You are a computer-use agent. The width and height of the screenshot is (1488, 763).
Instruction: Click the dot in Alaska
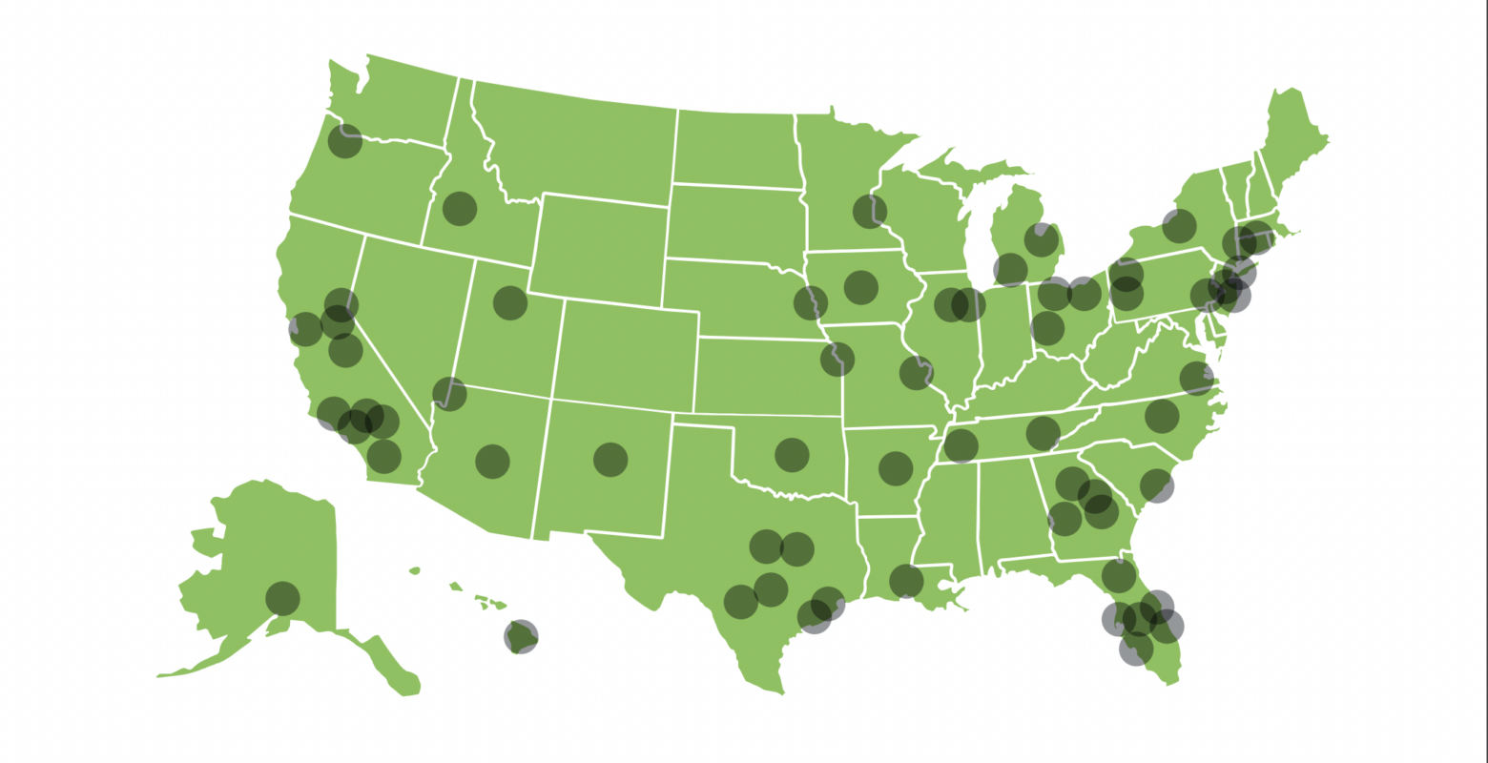pyautogui.click(x=282, y=598)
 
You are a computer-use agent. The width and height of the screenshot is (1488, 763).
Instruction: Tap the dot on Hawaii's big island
pyautogui.click(x=521, y=636)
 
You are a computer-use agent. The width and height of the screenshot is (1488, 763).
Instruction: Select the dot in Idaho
pyautogui.click(x=460, y=208)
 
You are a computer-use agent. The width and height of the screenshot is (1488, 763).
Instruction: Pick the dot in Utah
pyautogui.click(x=510, y=302)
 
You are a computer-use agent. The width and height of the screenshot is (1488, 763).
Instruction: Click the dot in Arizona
pyautogui.click(x=492, y=461)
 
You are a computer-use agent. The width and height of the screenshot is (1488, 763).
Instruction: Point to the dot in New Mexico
pyautogui.click(x=610, y=460)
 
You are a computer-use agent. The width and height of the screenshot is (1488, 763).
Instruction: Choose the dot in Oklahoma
pyautogui.click(x=792, y=455)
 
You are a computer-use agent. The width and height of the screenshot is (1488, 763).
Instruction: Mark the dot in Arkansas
pyautogui.click(x=896, y=467)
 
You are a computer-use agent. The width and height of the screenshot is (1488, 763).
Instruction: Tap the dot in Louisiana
pyautogui.click(x=906, y=580)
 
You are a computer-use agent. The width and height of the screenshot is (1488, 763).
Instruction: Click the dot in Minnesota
pyautogui.click(x=870, y=211)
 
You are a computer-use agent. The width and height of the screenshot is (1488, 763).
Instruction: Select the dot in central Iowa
pyautogui.click(x=860, y=286)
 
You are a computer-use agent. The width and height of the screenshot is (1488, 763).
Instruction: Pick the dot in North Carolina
pyautogui.click(x=1162, y=416)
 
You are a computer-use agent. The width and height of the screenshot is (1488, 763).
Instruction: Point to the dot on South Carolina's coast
pyautogui.click(x=1157, y=485)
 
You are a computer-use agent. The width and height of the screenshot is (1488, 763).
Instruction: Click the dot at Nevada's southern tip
pyautogui.click(x=449, y=393)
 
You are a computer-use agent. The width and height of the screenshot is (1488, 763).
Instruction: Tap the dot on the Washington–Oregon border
pyautogui.click(x=345, y=141)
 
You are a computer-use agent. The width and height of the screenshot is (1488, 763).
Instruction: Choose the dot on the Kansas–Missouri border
pyautogui.click(x=837, y=359)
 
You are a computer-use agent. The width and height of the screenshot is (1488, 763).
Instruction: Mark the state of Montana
pyautogui.click(x=572, y=143)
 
